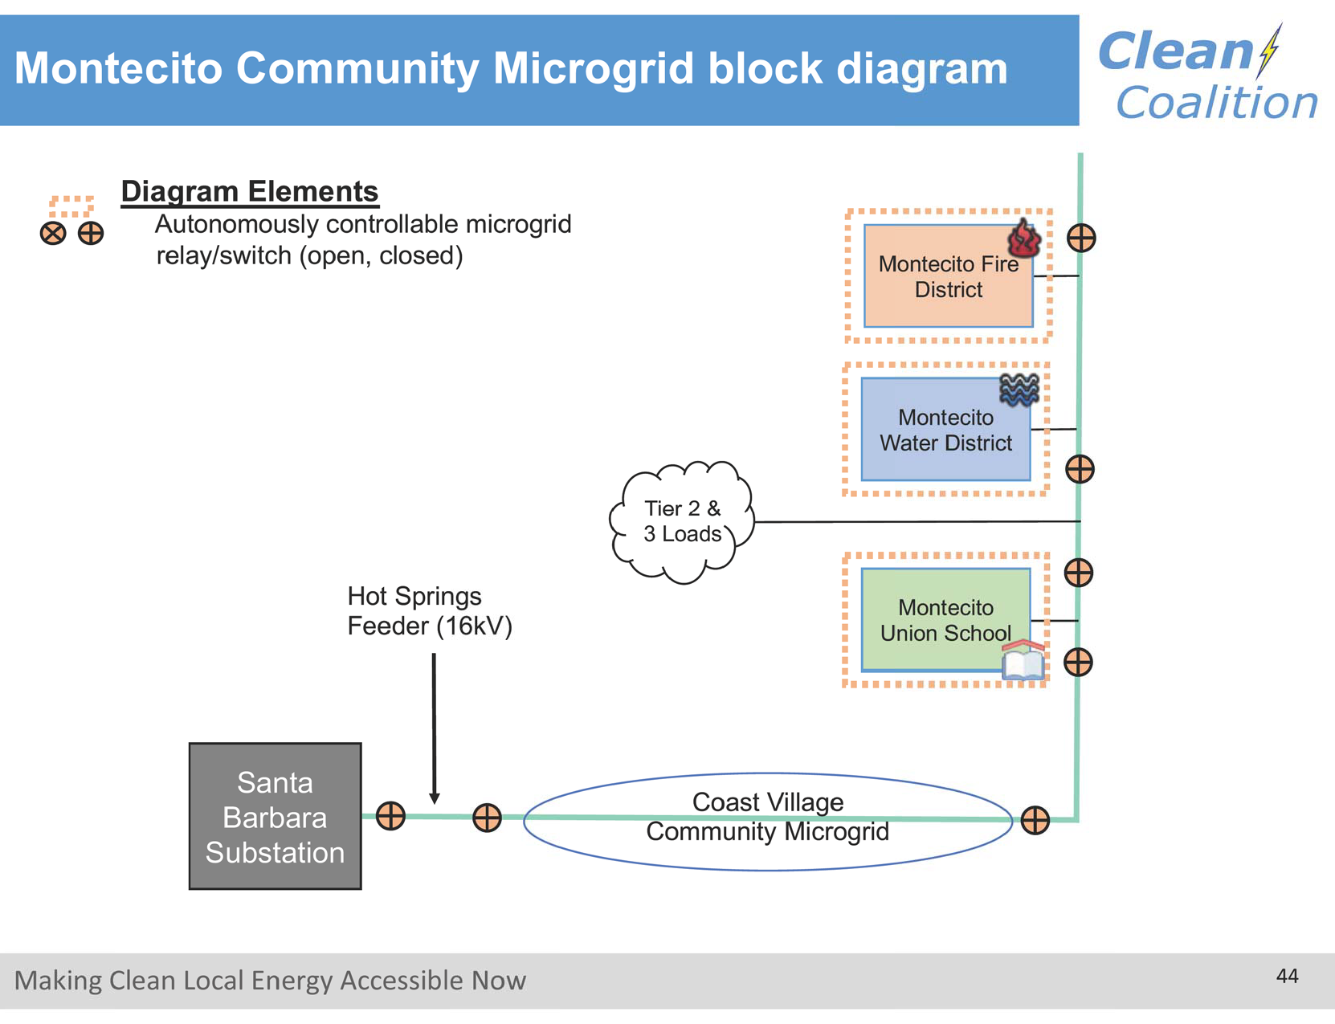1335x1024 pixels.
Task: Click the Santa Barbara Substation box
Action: click(x=275, y=816)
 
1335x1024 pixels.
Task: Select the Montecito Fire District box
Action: click(x=948, y=276)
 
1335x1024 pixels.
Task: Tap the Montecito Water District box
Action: click(x=945, y=430)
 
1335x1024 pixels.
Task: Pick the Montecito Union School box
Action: click(x=945, y=620)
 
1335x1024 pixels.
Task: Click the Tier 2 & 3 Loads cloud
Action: click(x=682, y=521)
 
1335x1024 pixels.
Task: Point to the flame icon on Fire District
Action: click(x=1024, y=239)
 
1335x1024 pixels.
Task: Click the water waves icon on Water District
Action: click(x=1019, y=390)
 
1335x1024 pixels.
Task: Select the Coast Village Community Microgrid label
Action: click(x=767, y=817)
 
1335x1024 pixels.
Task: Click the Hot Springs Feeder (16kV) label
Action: click(x=429, y=611)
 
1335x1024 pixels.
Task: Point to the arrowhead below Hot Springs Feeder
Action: click(x=435, y=798)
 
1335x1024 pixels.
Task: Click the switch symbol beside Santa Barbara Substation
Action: click(x=390, y=816)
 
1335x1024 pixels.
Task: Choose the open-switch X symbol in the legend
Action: click(x=53, y=234)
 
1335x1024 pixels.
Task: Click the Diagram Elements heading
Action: click(x=249, y=191)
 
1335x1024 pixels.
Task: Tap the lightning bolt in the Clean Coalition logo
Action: click(x=1270, y=50)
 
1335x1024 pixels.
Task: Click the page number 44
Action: click(x=1287, y=976)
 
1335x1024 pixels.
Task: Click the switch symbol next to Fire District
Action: click(x=1081, y=238)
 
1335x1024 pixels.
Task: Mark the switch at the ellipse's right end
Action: click(x=1035, y=820)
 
